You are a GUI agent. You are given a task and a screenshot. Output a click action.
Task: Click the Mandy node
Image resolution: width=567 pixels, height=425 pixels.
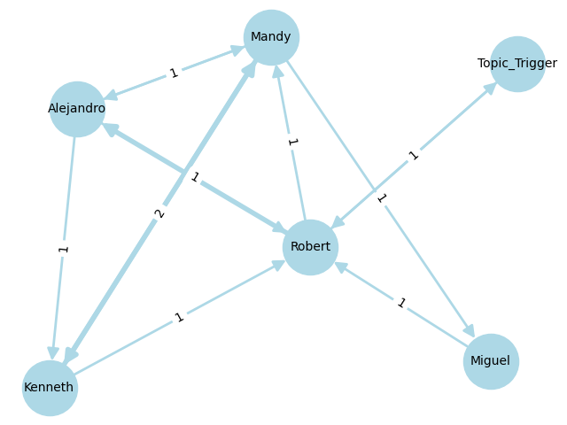click(271, 37)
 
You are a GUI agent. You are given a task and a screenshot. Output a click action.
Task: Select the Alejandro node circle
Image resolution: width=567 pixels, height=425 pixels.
click(77, 109)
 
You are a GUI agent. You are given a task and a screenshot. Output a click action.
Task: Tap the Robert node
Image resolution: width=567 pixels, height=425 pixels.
click(310, 247)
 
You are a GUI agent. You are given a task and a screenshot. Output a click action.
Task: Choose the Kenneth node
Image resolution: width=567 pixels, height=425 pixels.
click(50, 388)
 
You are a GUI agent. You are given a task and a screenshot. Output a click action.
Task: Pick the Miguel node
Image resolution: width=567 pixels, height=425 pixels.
click(491, 361)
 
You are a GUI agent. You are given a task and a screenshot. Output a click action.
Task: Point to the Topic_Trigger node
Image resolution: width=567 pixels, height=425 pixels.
click(517, 64)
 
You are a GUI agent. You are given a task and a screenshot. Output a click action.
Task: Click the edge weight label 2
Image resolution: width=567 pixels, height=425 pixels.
click(159, 212)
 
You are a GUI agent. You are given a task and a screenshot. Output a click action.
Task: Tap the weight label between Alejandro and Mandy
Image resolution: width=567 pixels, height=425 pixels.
click(174, 73)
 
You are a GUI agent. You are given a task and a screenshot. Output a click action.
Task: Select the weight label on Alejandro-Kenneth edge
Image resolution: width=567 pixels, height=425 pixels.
click(64, 249)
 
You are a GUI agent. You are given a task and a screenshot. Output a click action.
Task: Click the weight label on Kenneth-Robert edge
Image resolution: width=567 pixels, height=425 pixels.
click(180, 317)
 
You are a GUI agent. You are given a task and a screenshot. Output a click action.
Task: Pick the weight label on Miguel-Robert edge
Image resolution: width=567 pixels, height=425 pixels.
click(400, 304)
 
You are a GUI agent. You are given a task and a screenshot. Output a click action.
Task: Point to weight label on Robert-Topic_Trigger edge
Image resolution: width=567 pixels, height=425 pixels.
click(413, 156)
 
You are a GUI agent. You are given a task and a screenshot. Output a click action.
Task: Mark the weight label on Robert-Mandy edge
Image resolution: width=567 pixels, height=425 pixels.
click(291, 142)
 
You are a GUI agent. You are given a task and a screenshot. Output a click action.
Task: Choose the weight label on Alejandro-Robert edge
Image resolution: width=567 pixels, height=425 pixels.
click(194, 178)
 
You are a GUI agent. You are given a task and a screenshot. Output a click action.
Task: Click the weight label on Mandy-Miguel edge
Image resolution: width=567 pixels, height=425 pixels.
click(381, 198)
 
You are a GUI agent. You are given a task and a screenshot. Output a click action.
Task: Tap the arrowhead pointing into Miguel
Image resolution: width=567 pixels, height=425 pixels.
click(469, 331)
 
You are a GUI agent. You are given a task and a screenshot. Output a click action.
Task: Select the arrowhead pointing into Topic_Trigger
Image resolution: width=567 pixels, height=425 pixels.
click(490, 89)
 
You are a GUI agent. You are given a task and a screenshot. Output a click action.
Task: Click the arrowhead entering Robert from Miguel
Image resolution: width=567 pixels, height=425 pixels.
click(340, 267)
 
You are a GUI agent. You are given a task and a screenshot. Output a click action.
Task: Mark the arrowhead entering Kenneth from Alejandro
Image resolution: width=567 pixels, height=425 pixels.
click(53, 352)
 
